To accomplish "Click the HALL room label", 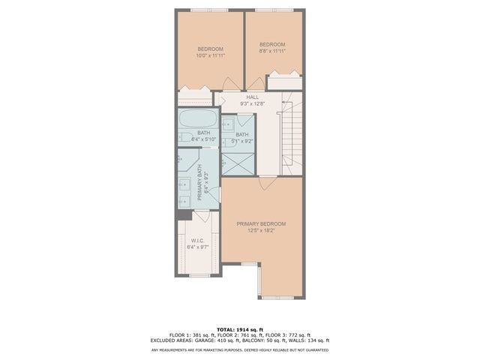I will coord(253,97).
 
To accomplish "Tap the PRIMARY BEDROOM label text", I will coord(261,223).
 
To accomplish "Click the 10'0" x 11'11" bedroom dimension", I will coord(211,55).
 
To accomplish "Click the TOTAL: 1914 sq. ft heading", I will coord(240,329).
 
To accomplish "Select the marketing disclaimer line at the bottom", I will coord(240,349).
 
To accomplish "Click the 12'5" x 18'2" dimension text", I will coord(261,230).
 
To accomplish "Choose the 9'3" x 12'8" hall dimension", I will coord(253,103).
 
